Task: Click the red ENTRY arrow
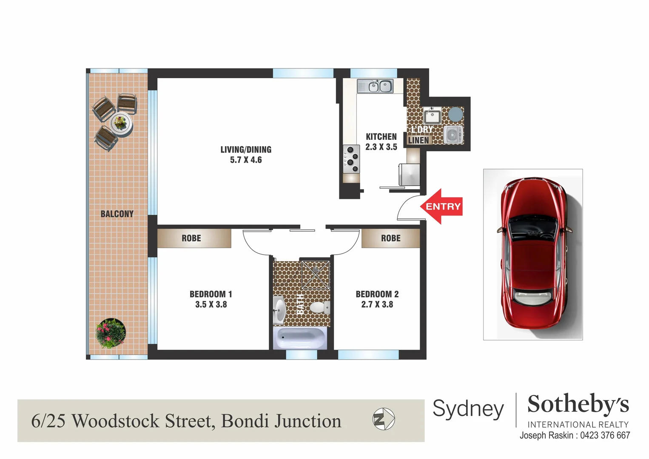click(441, 207)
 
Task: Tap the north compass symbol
click(384, 419)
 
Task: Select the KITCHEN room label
click(381, 137)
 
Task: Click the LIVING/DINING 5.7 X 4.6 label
click(246, 155)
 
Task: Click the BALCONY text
click(117, 214)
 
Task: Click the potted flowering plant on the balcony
click(111, 333)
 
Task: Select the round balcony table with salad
click(121, 123)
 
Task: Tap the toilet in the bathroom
click(319, 307)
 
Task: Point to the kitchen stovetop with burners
click(351, 159)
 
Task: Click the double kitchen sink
click(380, 87)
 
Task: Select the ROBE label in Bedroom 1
click(191, 238)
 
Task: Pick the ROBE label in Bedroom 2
click(391, 238)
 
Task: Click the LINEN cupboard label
click(418, 140)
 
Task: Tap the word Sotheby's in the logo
click(578, 404)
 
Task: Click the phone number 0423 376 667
click(605, 436)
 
